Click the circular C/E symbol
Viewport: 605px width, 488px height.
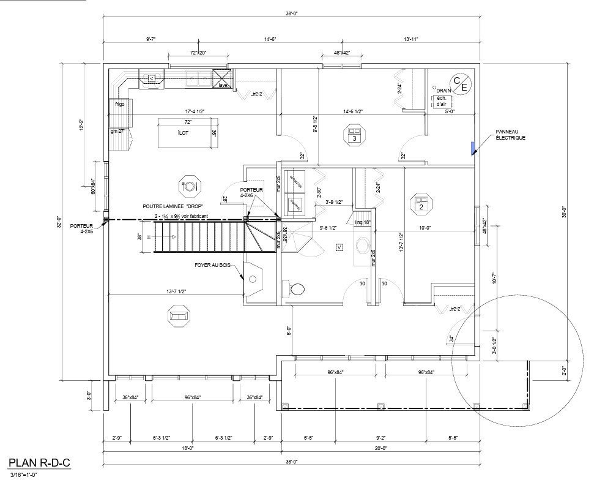point(459,83)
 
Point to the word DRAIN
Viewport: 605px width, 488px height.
point(444,91)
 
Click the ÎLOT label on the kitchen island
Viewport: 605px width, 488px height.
point(182,133)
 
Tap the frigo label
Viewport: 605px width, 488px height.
point(119,105)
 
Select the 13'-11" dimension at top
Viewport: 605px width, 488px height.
point(412,39)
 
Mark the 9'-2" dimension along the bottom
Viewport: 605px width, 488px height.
point(380,438)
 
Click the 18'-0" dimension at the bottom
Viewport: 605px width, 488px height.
point(187,448)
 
